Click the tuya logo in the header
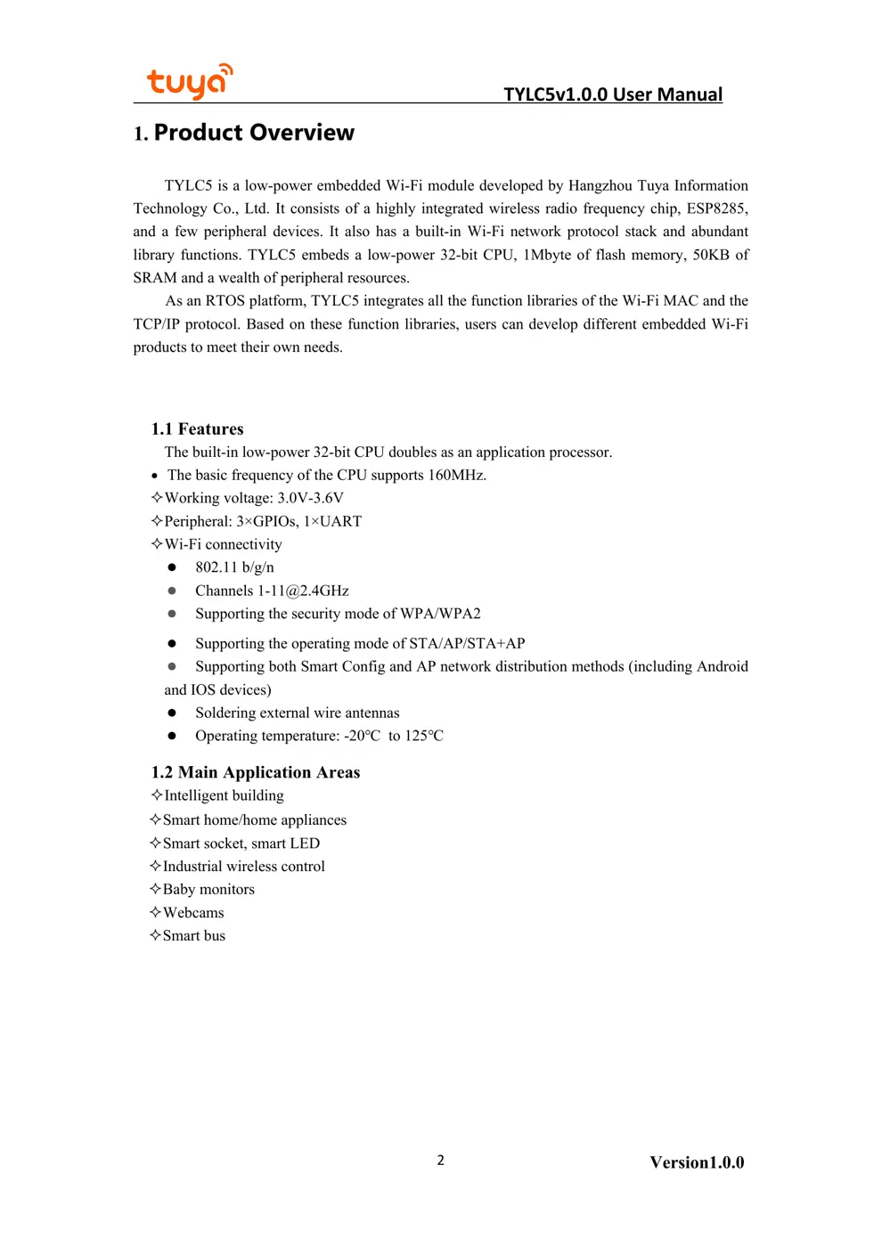tap(189, 81)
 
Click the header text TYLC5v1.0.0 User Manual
tap(612, 94)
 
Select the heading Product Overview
tap(254, 133)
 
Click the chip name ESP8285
tap(716, 208)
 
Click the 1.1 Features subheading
tap(197, 428)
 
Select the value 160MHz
tap(456, 475)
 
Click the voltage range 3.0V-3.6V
tap(310, 498)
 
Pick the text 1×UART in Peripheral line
tap(332, 521)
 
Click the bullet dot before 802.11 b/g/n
tap(172, 567)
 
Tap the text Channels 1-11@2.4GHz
tap(272, 591)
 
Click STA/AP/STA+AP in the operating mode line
tap(467, 643)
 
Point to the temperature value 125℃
tap(424, 736)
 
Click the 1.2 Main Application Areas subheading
tap(256, 772)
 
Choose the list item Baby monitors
tap(208, 889)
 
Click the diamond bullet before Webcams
tap(155, 912)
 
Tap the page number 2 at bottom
tap(440, 1160)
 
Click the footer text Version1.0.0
tap(697, 1162)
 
